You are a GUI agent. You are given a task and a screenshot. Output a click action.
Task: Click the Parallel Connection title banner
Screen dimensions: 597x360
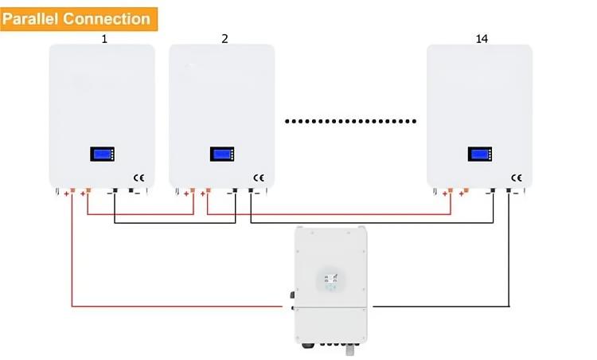[79, 19]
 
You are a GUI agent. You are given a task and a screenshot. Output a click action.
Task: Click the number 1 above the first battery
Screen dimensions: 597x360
[104, 39]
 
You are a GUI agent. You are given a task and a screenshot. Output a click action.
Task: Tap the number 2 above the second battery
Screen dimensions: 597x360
[224, 39]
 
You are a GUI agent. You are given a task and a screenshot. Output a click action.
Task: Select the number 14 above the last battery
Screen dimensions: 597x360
[482, 39]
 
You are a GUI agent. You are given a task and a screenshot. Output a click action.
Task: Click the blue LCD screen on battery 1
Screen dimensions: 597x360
[103, 154]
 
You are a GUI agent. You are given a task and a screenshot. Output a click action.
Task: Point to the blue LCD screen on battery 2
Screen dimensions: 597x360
[222, 154]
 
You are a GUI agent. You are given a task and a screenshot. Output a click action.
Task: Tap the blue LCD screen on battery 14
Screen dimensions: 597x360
[480, 154]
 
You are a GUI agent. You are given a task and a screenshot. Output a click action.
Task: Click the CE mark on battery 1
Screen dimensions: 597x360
[139, 178]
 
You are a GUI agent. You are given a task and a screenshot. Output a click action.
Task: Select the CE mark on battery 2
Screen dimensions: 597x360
[259, 178]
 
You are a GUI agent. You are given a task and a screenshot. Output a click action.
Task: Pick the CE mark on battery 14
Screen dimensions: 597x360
[517, 178]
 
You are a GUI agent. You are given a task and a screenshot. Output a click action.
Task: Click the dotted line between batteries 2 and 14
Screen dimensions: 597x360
[351, 122]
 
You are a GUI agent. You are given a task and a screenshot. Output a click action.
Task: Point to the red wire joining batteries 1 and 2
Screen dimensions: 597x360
[140, 214]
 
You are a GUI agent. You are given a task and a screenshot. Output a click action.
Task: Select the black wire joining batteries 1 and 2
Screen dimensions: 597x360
[175, 223]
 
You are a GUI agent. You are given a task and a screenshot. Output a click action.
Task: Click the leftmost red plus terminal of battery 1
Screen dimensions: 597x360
[72, 190]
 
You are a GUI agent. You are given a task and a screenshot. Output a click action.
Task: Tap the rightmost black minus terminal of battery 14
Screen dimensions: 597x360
[509, 190]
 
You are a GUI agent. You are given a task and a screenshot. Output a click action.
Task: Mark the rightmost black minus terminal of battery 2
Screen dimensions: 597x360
[251, 190]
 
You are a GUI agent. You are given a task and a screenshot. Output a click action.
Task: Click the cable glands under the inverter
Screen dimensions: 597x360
[330, 346]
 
